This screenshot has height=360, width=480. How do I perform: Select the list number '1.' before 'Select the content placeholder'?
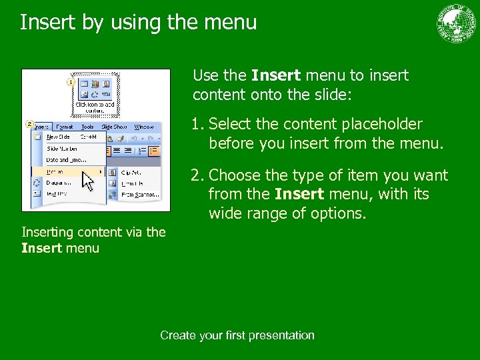(198, 125)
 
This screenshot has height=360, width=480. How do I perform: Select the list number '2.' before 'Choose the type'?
(198, 176)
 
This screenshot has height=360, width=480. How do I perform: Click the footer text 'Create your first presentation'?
(237, 335)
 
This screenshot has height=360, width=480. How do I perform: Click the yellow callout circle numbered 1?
(71, 81)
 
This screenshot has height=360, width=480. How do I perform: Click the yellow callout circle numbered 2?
(29, 124)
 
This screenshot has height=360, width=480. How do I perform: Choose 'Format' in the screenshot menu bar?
(65, 127)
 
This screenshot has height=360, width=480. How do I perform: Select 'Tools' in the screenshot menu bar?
(87, 127)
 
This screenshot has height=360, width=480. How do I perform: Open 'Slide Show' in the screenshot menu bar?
(114, 127)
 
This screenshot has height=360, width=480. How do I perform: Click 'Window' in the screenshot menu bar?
(143, 127)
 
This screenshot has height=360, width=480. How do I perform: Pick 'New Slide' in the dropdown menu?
(58, 137)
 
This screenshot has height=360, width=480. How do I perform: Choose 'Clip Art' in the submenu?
(130, 172)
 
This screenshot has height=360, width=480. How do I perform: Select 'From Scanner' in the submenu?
(139, 195)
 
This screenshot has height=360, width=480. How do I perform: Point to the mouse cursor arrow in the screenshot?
(87, 181)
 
